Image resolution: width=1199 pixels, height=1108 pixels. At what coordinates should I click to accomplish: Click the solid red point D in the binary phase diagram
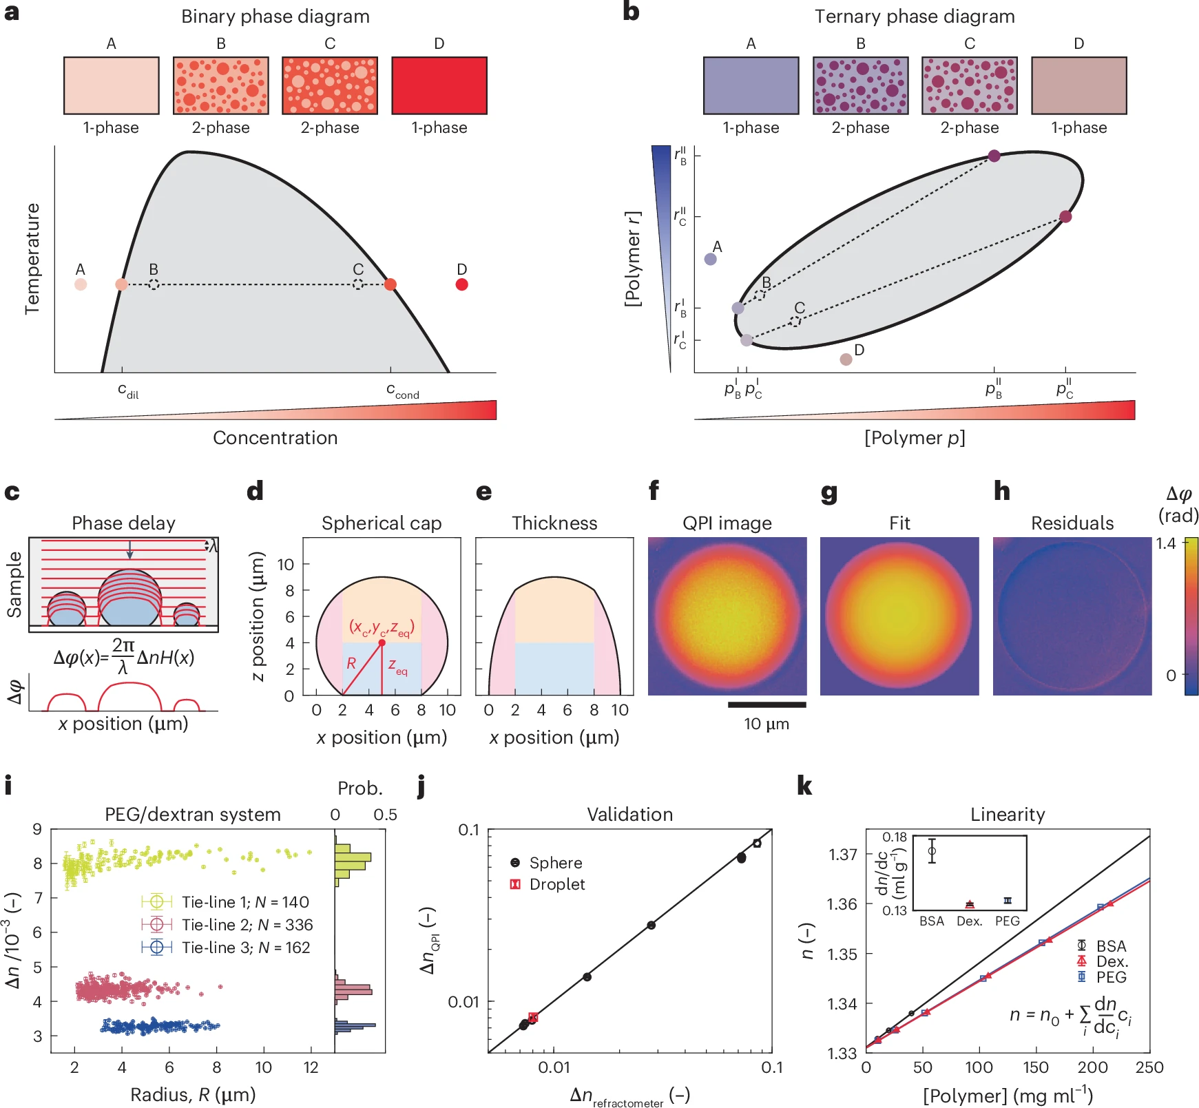[x=462, y=284]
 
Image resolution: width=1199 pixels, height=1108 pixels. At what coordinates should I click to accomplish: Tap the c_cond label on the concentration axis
[x=402, y=390]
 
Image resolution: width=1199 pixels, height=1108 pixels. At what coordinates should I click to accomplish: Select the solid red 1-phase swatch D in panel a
[x=439, y=85]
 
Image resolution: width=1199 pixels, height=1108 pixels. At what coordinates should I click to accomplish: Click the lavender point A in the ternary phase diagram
[x=711, y=259]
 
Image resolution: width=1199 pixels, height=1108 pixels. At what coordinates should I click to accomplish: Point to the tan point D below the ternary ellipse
[x=846, y=359]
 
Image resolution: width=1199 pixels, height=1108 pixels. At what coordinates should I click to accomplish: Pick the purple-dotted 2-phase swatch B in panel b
[x=860, y=85]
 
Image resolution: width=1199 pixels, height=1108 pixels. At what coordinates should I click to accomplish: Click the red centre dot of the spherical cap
[x=382, y=642]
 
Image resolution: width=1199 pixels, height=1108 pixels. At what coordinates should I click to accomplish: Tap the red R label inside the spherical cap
[x=351, y=663]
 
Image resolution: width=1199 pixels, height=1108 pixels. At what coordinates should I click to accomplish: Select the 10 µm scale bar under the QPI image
[x=767, y=704]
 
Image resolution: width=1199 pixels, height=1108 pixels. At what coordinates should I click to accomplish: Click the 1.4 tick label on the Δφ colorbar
[x=1165, y=543]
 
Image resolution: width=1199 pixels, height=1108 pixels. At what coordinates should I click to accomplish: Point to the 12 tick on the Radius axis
[x=311, y=1067]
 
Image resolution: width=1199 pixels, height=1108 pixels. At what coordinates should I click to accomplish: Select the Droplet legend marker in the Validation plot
[x=515, y=884]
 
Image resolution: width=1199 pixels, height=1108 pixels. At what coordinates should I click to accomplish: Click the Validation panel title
[x=629, y=814]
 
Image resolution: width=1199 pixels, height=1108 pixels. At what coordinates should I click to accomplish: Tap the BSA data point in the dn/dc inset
[x=932, y=851]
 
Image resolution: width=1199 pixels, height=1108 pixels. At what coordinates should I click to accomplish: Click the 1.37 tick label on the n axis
[x=843, y=854]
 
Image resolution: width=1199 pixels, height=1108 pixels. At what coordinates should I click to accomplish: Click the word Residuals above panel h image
[x=1072, y=523]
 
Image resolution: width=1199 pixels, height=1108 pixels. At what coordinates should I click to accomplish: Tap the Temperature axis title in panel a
[x=32, y=259]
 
